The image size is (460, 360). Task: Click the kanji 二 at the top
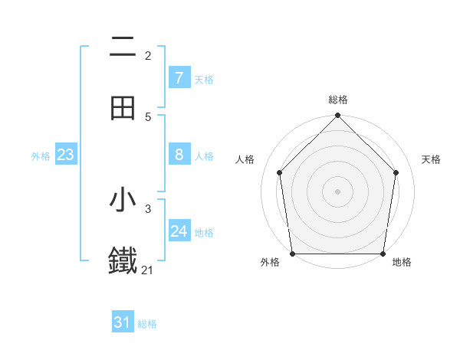coord(123,47)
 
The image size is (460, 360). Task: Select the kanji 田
coord(123,108)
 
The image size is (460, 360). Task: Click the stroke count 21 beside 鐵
coord(147,270)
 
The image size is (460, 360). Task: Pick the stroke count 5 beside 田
coord(148,116)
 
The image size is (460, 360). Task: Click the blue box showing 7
coord(179,78)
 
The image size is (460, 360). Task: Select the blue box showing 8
coord(179,155)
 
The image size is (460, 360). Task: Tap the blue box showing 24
coord(179,231)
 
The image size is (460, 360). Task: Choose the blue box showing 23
coord(66,155)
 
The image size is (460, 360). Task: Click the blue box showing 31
coord(123,322)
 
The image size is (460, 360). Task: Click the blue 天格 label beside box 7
coord(204,79)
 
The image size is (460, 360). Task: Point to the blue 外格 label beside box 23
coord(41,155)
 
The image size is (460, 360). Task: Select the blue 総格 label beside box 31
coord(147,324)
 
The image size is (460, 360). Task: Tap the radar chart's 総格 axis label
coord(338,100)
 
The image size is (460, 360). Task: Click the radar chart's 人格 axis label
coord(245,159)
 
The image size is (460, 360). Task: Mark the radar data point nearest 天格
coord(396,172)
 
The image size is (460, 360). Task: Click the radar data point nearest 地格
coord(383,254)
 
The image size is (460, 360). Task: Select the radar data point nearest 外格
coord(293,254)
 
